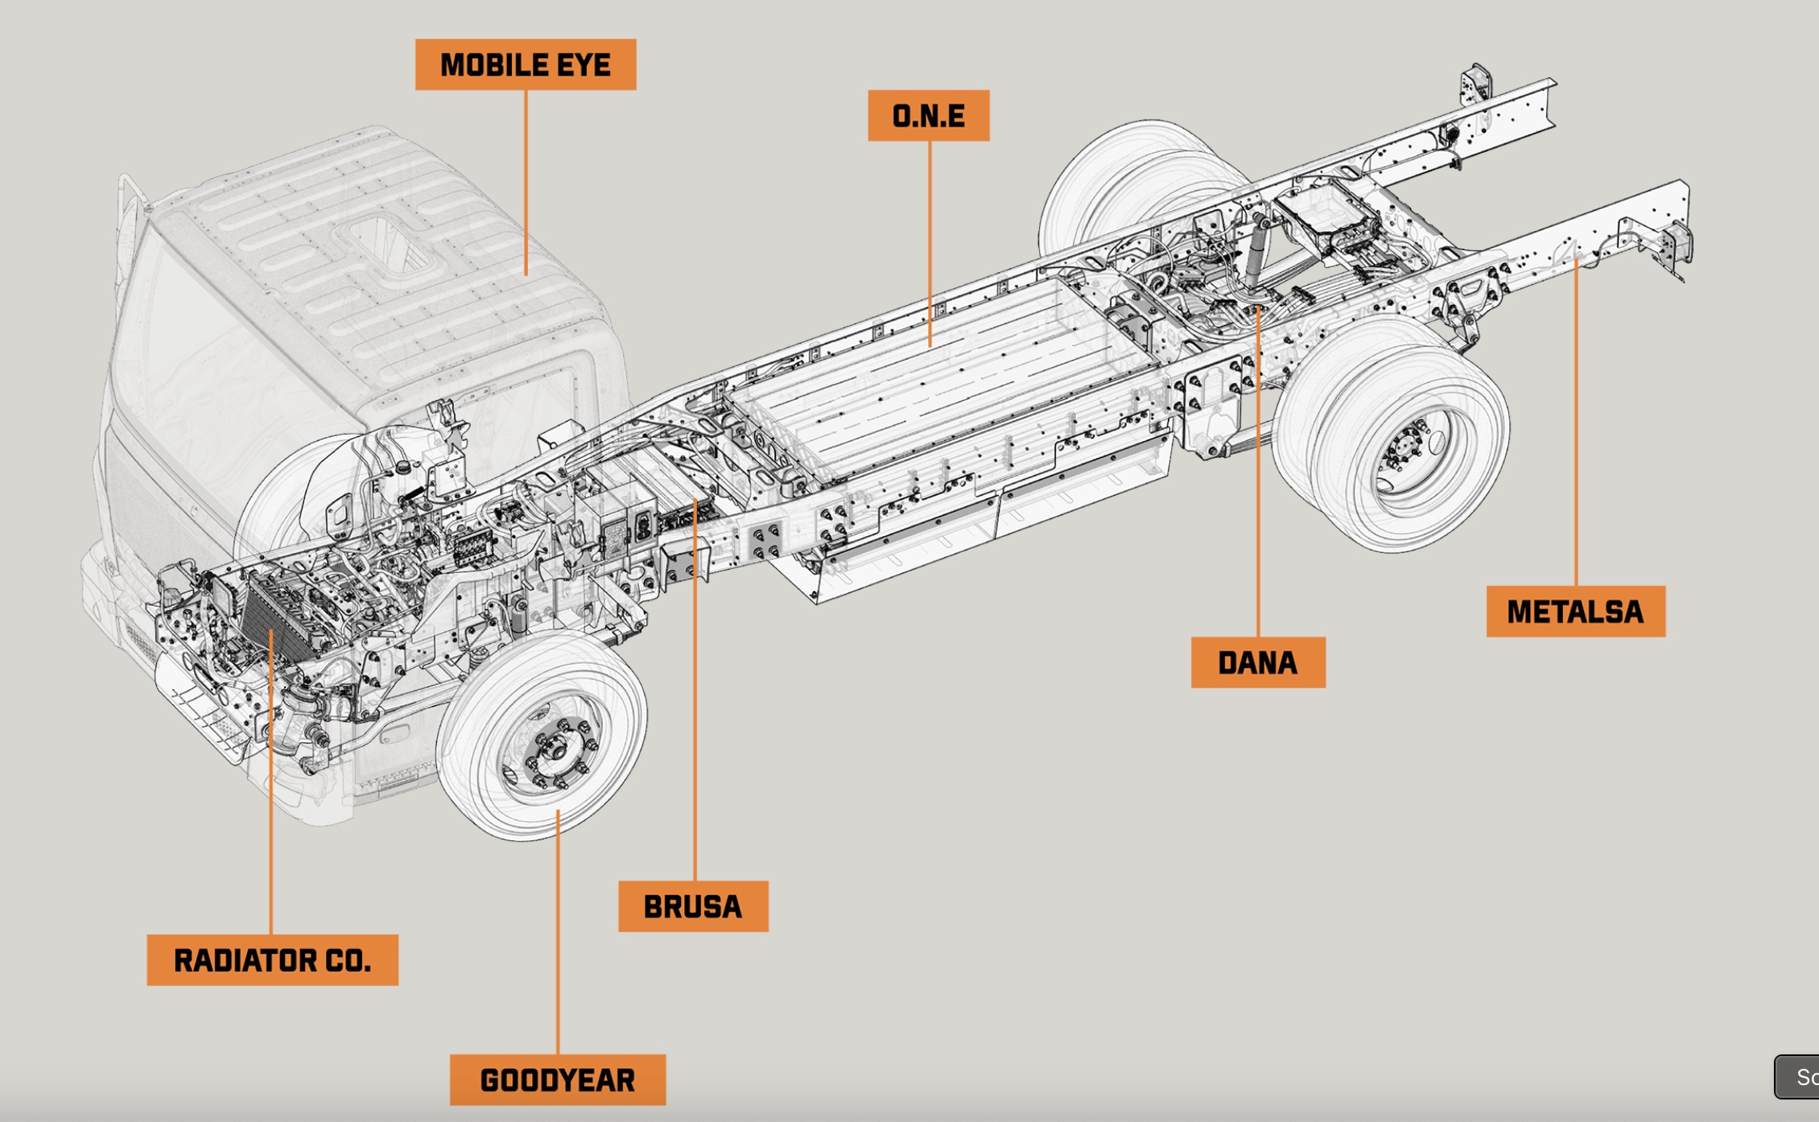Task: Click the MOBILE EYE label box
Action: (x=526, y=64)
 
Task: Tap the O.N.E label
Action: (x=928, y=116)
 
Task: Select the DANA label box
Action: (x=1257, y=662)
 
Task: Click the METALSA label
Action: (x=1575, y=612)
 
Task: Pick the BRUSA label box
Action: (x=693, y=906)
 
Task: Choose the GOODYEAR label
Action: (x=557, y=1079)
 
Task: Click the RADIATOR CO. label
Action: (x=272, y=959)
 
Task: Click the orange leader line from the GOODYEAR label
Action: (x=558, y=934)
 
